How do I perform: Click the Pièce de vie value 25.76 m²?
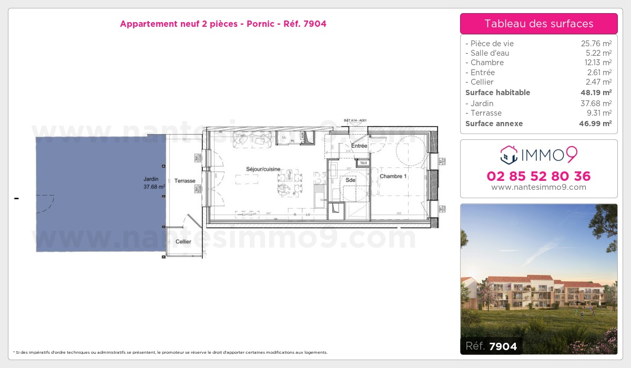pyautogui.click(x=596, y=44)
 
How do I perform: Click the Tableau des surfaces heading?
pyautogui.click(x=538, y=24)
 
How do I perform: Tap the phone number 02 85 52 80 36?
pyautogui.click(x=538, y=176)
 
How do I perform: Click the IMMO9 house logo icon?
pyautogui.click(x=508, y=155)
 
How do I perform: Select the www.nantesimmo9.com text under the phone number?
pyautogui.click(x=538, y=187)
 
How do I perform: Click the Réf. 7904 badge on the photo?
pyautogui.click(x=491, y=346)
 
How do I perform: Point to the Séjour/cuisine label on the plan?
pyautogui.click(x=263, y=169)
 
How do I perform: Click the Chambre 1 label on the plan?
pyautogui.click(x=393, y=177)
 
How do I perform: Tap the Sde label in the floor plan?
pyautogui.click(x=350, y=180)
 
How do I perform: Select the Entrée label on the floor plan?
pyautogui.click(x=359, y=146)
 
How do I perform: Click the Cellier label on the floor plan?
pyautogui.click(x=184, y=242)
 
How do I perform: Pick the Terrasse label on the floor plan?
pyautogui.click(x=185, y=181)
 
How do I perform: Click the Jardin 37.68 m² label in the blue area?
pyautogui.click(x=154, y=182)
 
